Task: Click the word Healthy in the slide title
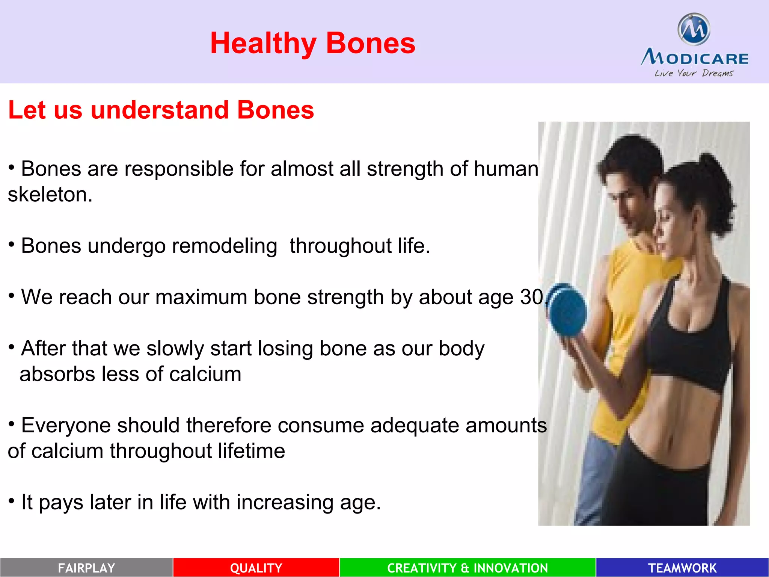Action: point(263,44)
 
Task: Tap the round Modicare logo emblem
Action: point(694,29)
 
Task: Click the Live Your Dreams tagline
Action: point(694,73)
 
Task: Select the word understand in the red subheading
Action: point(160,110)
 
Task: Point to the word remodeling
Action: point(224,246)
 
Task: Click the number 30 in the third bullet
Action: point(531,297)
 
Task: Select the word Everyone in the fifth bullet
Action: point(66,425)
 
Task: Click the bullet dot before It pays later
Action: point(12,501)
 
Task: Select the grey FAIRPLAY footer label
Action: point(86,568)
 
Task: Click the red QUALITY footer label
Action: point(256,568)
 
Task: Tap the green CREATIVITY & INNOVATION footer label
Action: point(467,568)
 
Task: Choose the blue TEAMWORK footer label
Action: point(682,568)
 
